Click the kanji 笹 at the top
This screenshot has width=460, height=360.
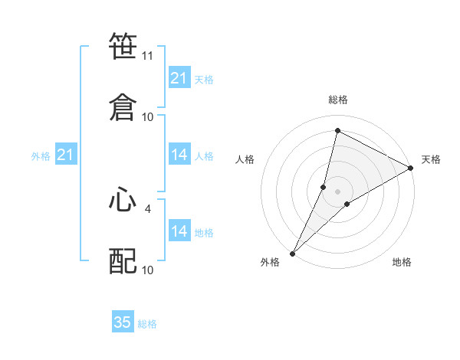[x=123, y=47]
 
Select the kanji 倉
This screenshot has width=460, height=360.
[x=123, y=106]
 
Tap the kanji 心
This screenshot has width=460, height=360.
[x=123, y=201]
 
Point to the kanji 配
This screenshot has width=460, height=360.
[x=123, y=261]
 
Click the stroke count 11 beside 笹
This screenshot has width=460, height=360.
[x=148, y=56]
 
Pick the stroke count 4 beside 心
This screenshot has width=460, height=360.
[x=148, y=207]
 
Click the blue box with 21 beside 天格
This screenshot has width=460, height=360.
[x=179, y=78]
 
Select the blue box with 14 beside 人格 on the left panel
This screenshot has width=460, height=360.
[x=179, y=155]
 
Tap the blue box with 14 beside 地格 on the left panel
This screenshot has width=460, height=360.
[x=179, y=231]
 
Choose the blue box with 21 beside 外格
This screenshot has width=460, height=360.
[x=65, y=155]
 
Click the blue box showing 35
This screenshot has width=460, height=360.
[x=123, y=322]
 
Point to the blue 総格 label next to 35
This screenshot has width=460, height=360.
[x=147, y=324]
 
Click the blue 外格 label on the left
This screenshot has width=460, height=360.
[x=41, y=156]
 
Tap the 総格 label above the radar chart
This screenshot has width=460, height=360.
[x=337, y=100]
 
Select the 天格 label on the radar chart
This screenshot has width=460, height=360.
[x=431, y=159]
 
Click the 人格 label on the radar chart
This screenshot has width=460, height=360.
[x=245, y=159]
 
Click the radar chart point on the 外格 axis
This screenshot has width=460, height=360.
[x=292, y=253]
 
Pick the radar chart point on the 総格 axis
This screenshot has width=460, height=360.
[x=337, y=130]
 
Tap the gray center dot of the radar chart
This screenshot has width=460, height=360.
[x=337, y=191]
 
